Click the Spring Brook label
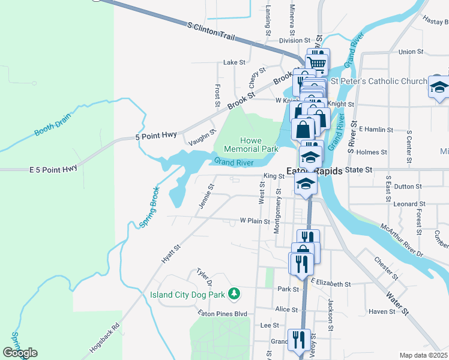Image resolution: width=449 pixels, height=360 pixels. (149, 208)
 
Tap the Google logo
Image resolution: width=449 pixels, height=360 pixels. (20, 353)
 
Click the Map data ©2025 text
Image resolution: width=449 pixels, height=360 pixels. (424, 355)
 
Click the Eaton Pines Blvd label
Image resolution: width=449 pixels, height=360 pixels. (223, 313)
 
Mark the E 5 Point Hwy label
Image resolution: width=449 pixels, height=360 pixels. (53, 169)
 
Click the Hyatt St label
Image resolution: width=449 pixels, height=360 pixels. (171, 255)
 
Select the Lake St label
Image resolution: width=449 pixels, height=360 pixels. (235, 62)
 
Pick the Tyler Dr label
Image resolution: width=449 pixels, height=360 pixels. (205, 277)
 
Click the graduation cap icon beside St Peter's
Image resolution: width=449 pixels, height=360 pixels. (439, 86)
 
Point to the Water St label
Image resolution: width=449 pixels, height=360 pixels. (397, 303)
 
